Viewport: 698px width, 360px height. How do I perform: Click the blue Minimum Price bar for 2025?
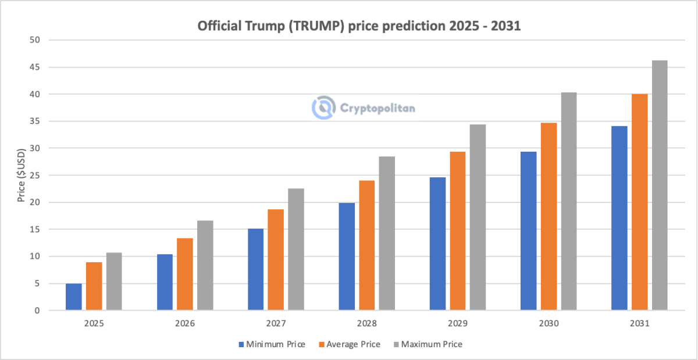(74, 297)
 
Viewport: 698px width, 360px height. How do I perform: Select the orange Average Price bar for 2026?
(185, 274)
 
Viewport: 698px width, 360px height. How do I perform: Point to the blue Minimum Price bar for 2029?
(437, 244)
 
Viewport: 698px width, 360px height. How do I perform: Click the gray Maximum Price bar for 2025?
(114, 281)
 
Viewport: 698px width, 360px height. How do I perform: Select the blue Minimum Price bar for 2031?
(619, 218)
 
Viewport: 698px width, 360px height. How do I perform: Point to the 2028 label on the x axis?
(366, 323)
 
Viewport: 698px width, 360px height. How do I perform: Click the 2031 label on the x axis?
(639, 323)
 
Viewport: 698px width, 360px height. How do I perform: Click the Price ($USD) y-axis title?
(21, 175)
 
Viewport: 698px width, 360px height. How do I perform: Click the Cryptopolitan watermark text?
(378, 108)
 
